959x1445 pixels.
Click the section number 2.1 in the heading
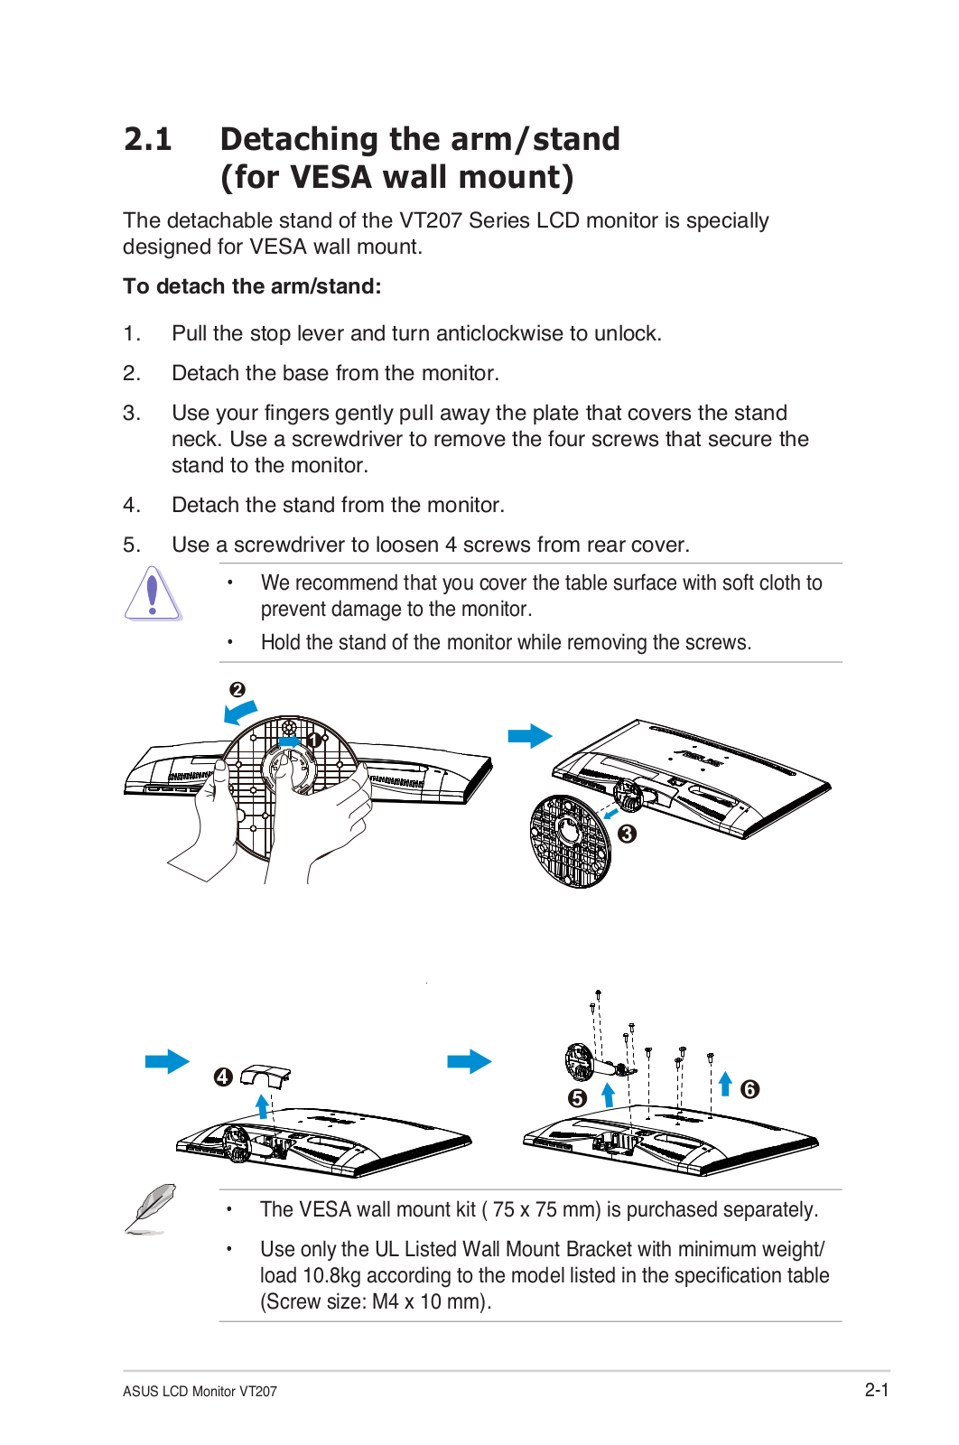(x=148, y=139)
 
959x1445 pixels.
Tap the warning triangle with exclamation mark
(x=153, y=594)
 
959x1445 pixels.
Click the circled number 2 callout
(x=237, y=690)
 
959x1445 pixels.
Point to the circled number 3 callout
(x=627, y=834)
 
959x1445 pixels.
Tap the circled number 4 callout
(x=223, y=1077)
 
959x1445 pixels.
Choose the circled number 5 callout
(x=578, y=1098)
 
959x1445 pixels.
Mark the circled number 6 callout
(x=750, y=1089)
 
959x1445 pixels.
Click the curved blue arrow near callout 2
(x=241, y=713)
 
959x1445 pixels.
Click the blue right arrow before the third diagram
(x=168, y=1061)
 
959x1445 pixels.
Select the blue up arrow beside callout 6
(x=725, y=1083)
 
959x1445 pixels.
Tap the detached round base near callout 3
(x=569, y=842)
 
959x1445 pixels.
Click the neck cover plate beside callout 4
(x=266, y=1075)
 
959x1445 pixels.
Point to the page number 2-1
(x=876, y=1390)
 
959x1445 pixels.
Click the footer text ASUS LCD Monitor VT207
(x=200, y=1392)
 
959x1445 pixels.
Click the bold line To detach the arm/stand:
(x=252, y=286)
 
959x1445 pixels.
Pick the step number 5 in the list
(x=132, y=545)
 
